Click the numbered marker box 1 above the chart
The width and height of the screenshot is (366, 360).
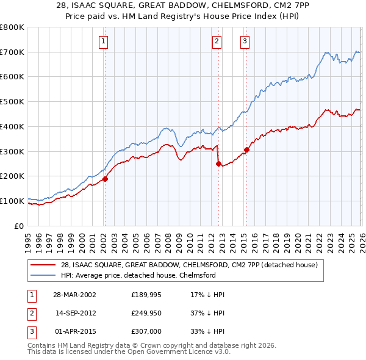(x=104, y=41)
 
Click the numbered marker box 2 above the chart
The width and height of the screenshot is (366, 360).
(x=217, y=41)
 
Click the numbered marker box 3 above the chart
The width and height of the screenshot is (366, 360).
(x=245, y=41)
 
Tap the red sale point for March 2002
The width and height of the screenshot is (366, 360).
(x=105, y=179)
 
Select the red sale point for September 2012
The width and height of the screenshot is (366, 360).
(x=218, y=164)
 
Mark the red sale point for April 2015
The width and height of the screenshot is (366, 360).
(x=246, y=149)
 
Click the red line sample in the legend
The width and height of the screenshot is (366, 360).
(x=44, y=265)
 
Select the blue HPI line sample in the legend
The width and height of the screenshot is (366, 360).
(x=44, y=275)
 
